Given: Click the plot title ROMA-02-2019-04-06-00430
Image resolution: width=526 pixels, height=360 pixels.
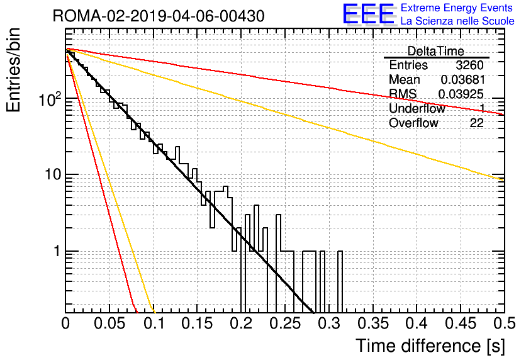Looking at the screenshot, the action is (x=159, y=16).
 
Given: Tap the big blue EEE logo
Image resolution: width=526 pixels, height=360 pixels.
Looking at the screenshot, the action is (x=369, y=14).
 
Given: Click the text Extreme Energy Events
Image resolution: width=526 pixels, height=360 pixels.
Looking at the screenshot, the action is (x=457, y=8).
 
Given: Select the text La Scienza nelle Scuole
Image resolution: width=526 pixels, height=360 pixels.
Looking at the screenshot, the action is (x=457, y=21).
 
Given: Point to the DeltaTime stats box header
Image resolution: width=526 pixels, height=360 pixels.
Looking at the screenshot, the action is (x=435, y=51).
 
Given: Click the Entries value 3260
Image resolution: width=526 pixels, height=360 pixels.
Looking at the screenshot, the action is (x=469, y=65).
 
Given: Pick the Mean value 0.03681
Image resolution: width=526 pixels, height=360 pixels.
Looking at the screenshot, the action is (x=462, y=79).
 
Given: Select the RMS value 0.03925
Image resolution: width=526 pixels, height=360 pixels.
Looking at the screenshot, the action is (x=461, y=94).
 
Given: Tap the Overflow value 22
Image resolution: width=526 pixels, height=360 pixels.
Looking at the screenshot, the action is (x=476, y=123).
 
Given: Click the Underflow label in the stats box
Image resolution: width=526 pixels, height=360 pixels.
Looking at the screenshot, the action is (x=417, y=108).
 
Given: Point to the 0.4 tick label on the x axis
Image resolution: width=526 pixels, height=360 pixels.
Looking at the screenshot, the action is (x=416, y=323).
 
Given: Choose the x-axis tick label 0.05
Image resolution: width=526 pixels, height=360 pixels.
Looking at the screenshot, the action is (x=109, y=323).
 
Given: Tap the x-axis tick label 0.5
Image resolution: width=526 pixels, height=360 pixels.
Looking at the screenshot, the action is (x=504, y=323).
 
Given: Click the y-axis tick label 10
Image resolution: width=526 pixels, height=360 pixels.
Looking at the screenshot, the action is (x=53, y=175).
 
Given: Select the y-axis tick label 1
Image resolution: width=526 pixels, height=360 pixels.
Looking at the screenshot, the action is (x=57, y=251).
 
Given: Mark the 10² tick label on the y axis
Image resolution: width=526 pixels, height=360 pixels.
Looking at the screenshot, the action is (x=50, y=99).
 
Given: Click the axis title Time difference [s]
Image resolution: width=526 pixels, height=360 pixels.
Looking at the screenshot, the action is (x=430, y=346).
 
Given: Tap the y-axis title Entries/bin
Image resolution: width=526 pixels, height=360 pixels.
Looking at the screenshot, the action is (x=13, y=70).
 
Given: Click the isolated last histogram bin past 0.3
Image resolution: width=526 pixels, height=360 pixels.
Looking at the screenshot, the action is (x=340, y=282).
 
